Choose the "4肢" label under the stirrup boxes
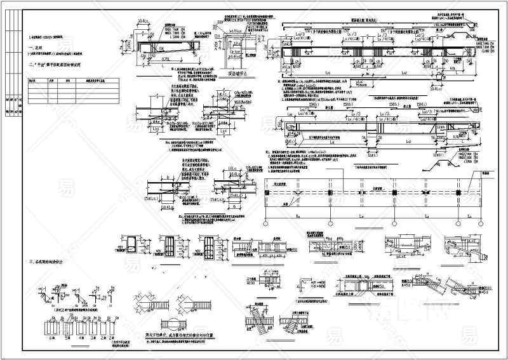[79, 340]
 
